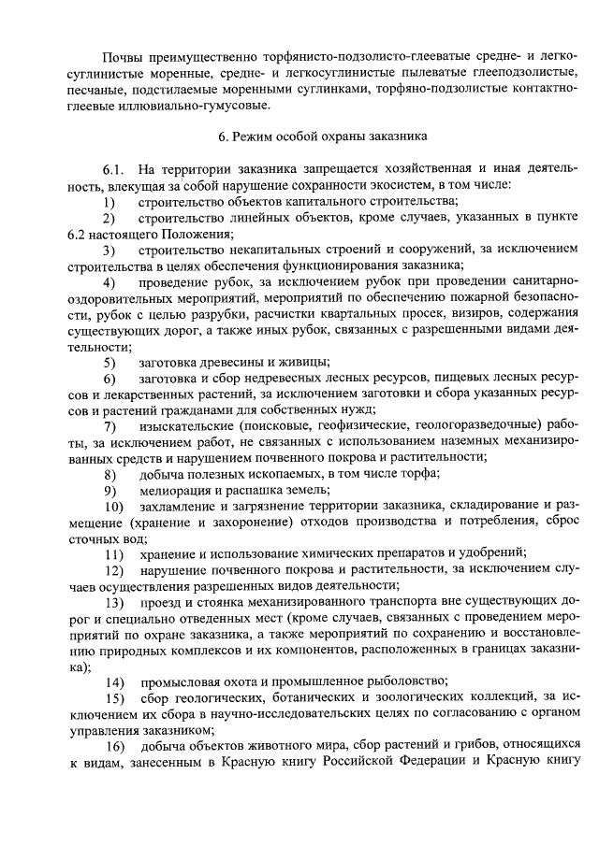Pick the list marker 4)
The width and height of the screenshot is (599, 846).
tap(110, 282)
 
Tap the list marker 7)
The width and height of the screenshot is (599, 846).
tap(110, 425)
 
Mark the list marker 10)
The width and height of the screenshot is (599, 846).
tap(112, 506)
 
